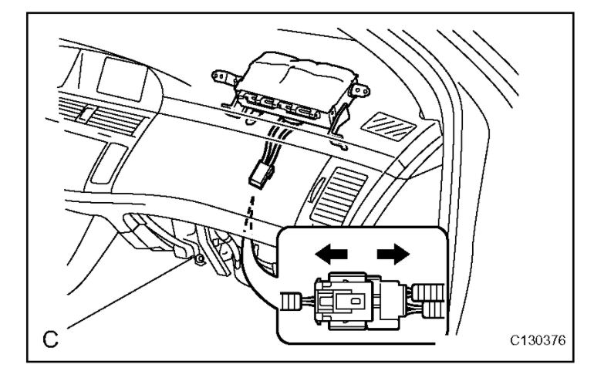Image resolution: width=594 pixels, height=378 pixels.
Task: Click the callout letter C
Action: [x=48, y=337]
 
